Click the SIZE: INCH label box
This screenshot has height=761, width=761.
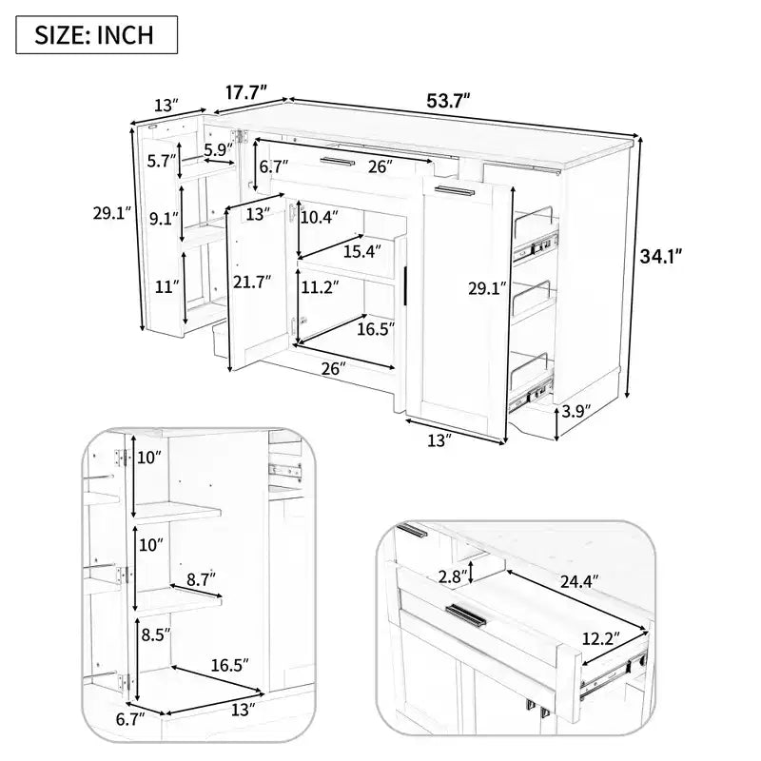(97, 34)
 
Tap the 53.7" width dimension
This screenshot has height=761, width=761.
(448, 101)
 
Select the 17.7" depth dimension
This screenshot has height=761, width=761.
(246, 92)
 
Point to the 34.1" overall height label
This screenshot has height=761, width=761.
(661, 256)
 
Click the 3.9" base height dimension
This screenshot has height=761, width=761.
(576, 412)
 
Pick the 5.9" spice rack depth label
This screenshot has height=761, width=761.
(219, 149)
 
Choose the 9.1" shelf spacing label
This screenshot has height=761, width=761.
(164, 219)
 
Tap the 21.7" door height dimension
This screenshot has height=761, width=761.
(252, 282)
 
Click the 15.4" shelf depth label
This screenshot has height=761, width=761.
(362, 251)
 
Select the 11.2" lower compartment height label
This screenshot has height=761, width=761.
(320, 287)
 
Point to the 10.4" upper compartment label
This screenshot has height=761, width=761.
(319, 217)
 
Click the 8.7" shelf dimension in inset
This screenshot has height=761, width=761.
(201, 579)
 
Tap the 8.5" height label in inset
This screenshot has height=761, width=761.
(156, 634)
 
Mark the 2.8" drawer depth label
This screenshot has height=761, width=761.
(454, 576)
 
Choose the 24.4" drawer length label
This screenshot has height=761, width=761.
(579, 581)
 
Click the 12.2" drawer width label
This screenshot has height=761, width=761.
(601, 638)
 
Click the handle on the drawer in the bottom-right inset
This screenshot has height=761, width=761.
(466, 615)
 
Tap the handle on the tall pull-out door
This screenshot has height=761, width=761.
(455, 190)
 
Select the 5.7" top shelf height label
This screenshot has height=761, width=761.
(161, 161)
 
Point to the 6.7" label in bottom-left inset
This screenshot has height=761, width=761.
(130, 719)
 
